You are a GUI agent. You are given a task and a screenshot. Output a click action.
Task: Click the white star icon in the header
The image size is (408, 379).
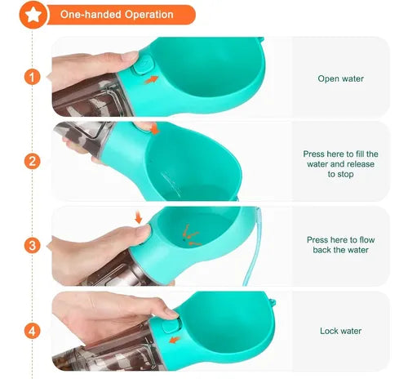coord(33,15)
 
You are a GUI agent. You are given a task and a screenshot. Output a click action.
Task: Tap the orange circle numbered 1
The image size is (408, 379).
coord(33,77)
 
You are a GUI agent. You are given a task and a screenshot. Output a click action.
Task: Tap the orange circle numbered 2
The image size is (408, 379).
coord(33,161)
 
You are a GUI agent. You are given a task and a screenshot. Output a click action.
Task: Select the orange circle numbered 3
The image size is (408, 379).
coord(33,246)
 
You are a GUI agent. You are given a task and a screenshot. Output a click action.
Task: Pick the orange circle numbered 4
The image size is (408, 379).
coord(33,331)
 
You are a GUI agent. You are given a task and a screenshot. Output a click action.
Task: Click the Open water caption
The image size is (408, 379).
coord(340,78)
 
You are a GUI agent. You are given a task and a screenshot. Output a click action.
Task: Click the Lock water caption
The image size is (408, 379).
coord(340,331)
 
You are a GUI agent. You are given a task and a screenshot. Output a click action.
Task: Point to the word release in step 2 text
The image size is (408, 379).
coord(361,164)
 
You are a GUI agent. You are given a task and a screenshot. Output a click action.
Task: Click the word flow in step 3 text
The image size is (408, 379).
coord(367,240)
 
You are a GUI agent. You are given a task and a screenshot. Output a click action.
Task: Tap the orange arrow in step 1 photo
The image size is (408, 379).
coord(151,79)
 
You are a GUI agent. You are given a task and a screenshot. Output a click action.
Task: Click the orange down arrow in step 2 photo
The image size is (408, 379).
coord(155,129)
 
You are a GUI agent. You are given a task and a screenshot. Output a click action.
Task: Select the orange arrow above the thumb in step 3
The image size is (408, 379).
coord(139,217)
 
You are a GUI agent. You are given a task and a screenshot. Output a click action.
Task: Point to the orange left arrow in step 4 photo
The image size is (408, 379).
coord(175,340)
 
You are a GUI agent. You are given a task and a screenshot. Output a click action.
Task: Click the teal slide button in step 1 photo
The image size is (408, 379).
coord(144,65)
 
